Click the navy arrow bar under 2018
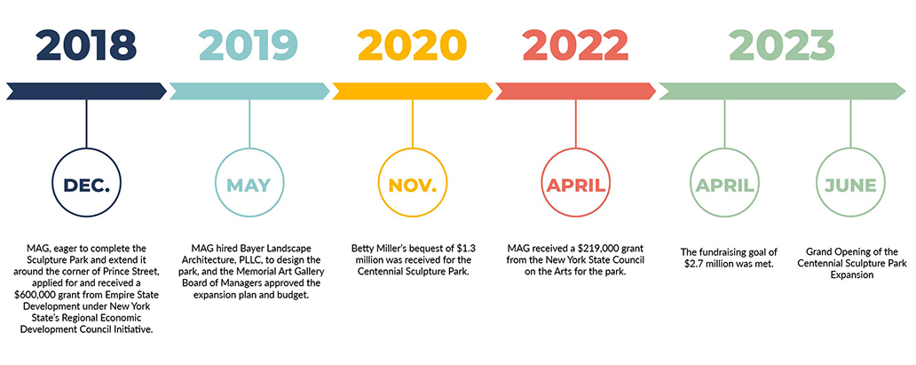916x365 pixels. pos(86,91)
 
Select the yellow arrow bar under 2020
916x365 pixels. pos(413,91)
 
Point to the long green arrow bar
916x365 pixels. pos(782,91)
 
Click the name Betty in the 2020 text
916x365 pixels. pos(362,249)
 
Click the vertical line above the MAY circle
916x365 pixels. pos(249,124)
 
